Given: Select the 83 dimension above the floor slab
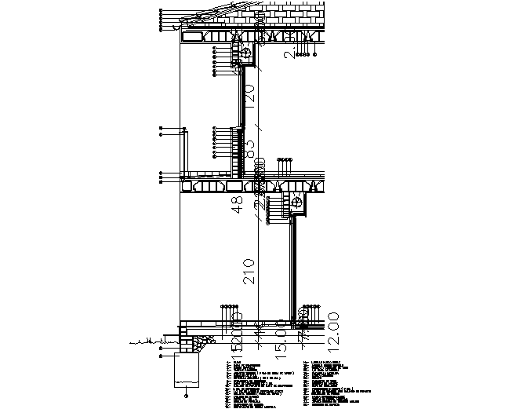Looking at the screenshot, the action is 250,148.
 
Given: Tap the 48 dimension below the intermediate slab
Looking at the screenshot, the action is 238,206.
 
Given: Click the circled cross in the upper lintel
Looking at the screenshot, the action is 245,53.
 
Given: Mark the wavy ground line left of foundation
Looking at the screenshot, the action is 145,341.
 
